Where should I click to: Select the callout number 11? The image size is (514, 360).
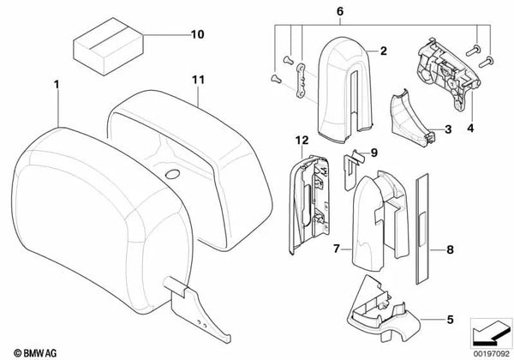[x=199, y=81]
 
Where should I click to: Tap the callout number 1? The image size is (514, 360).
[x=57, y=87]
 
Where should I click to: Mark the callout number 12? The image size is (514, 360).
[x=301, y=139]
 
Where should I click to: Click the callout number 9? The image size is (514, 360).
[x=373, y=154]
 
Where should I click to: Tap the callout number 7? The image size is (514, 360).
[x=337, y=249]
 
